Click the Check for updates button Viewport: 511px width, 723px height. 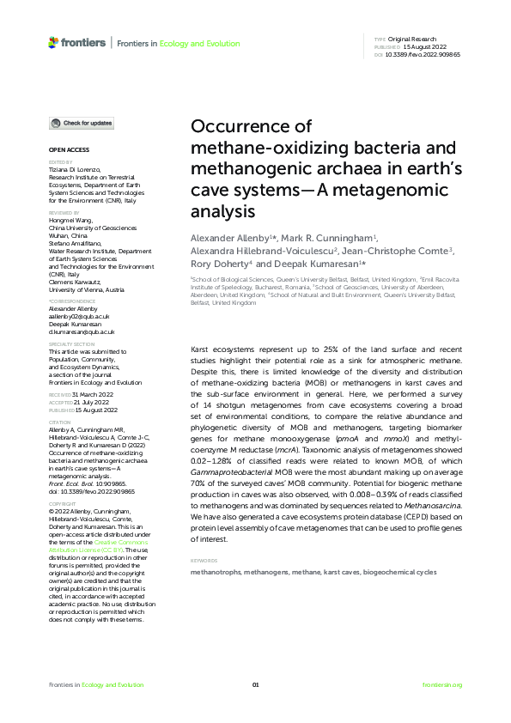(81, 124)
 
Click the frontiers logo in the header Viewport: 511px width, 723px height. (77, 41)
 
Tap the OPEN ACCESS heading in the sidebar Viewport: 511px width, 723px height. (64, 150)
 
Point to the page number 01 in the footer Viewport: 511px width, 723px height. (255, 684)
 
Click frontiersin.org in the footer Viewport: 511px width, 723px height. (442, 684)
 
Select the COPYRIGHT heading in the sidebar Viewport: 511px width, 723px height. (62, 476)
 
